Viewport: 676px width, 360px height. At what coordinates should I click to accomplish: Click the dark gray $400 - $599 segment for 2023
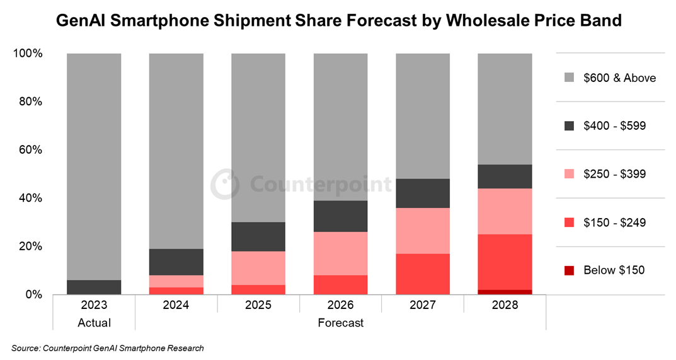(x=94, y=287)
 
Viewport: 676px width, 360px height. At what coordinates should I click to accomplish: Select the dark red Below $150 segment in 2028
(x=505, y=292)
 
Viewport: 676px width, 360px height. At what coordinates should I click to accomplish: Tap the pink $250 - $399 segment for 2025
(x=258, y=268)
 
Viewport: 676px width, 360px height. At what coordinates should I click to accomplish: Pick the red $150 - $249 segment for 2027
(x=423, y=274)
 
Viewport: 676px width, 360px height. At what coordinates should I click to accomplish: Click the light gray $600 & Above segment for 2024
(x=176, y=151)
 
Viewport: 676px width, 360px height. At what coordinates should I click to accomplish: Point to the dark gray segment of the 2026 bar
(x=341, y=216)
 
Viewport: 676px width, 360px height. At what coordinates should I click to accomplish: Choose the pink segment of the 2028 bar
(x=505, y=211)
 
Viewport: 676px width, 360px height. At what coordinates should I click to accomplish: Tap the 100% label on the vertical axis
(x=27, y=54)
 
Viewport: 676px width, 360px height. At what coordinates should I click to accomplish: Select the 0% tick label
(x=32, y=294)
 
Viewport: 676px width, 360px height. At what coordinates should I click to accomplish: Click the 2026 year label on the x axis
(x=341, y=305)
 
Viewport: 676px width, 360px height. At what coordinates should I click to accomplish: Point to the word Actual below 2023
(x=94, y=323)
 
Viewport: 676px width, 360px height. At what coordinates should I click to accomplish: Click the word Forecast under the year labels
(x=341, y=323)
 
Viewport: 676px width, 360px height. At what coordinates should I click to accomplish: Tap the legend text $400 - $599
(x=614, y=126)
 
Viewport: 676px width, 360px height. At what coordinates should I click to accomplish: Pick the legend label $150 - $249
(x=614, y=223)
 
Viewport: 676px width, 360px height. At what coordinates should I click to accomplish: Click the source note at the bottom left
(x=108, y=348)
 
